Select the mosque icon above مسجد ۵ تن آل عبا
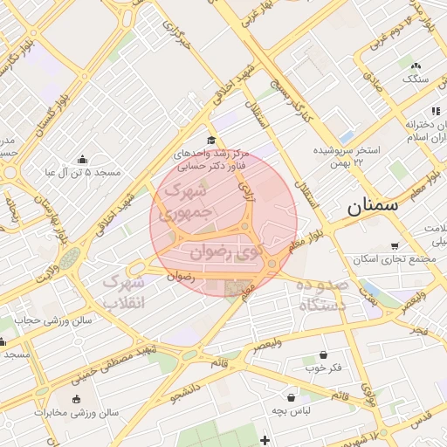coord(82,159)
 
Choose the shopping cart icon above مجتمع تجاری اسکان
coord(395,246)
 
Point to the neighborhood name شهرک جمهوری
coord(184,200)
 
